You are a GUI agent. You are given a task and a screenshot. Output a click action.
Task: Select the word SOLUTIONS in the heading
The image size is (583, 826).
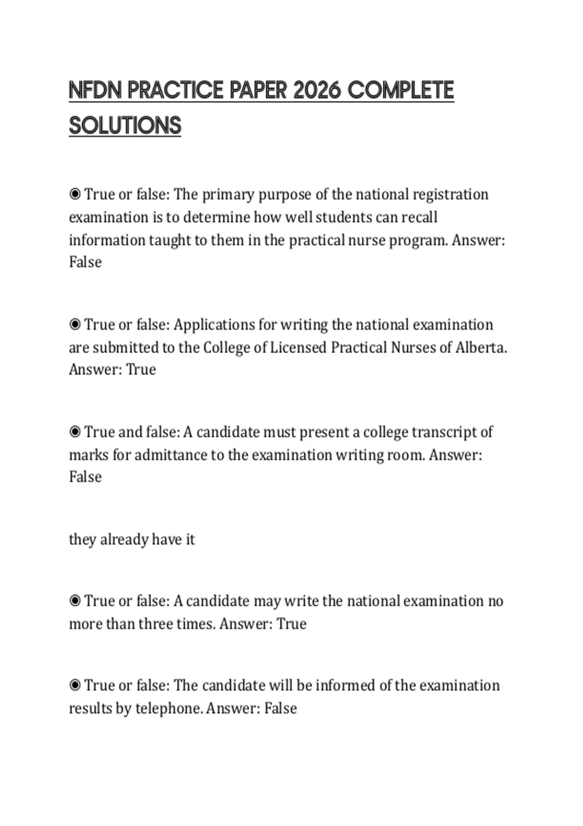coord(125,126)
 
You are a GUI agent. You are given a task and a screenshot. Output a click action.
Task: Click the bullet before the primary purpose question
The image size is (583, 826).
coord(75,194)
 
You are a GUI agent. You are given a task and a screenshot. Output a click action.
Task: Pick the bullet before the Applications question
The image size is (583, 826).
coord(75,325)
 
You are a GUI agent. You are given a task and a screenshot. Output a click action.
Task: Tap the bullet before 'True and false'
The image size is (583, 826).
coord(75,432)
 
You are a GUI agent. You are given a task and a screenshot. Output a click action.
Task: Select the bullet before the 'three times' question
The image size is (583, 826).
coord(75,601)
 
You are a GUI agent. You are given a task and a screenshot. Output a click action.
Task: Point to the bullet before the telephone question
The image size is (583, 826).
coord(75,686)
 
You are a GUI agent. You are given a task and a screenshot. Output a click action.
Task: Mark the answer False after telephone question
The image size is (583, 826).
coord(280,708)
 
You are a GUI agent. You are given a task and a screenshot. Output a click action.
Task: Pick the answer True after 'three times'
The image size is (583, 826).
coord(291,624)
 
